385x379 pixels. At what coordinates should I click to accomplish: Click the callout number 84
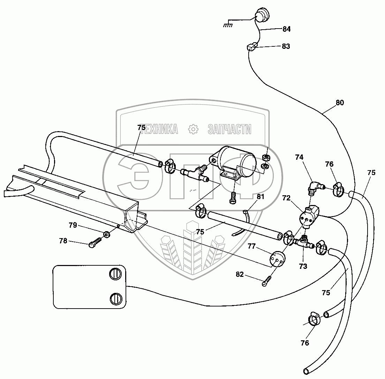(x=286, y=29)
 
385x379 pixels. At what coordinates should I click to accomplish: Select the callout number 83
(x=286, y=46)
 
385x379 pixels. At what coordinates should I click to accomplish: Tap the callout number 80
(x=340, y=103)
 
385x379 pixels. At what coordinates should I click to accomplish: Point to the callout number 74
(x=299, y=158)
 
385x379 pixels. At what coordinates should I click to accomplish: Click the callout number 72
(x=286, y=198)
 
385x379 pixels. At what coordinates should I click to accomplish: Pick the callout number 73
(x=303, y=266)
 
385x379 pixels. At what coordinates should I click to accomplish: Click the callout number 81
(x=261, y=197)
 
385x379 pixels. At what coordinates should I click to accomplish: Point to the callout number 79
(x=73, y=225)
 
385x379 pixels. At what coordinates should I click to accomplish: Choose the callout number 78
(x=63, y=241)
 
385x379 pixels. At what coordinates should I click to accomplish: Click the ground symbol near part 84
(x=228, y=24)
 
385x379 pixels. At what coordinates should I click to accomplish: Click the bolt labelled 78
(x=95, y=243)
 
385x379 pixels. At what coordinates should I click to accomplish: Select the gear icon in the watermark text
(x=193, y=129)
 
